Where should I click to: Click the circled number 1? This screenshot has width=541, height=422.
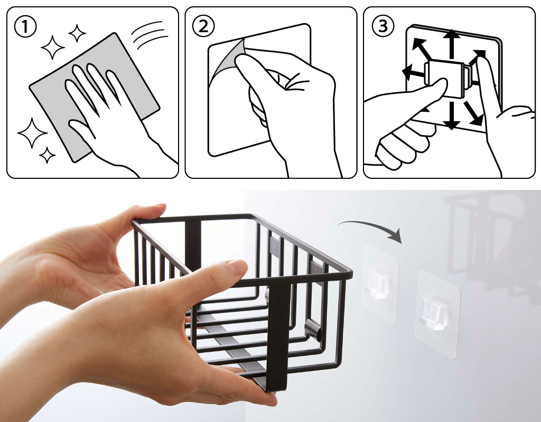coord(25,27)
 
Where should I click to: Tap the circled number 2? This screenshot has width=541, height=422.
coord(203,27)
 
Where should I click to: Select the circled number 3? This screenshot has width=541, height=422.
coord(383,26)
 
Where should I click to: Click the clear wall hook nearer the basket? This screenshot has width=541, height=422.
coord(379,284)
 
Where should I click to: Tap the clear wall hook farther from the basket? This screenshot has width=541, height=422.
coord(437,313)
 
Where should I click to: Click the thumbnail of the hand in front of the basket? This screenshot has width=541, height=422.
coord(238,266)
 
